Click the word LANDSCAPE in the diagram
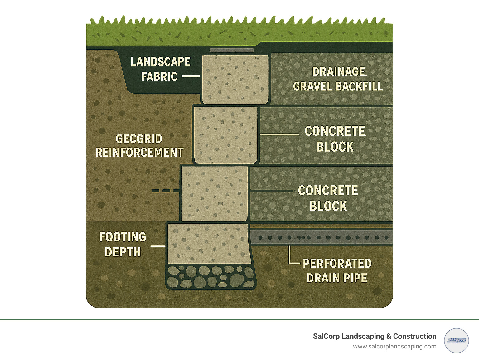pos(160,62)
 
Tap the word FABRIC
pos(159,77)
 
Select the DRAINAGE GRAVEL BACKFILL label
pos(338,79)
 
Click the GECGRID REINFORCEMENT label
pos(139,146)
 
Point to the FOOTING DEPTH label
pos(123,244)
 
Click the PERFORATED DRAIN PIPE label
pos(337,271)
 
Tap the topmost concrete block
pos(235,79)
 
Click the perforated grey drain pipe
pos(321,237)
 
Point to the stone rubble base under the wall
pos(210,277)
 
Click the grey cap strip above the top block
pos(231,50)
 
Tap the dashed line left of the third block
pos(166,191)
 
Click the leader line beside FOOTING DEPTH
pos(158,246)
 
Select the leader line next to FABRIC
pos(191,76)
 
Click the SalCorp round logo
pos(456,340)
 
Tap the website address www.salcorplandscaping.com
pos(394,346)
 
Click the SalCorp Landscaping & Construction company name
pos(375,336)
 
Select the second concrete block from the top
pos(226,135)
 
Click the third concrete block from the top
pos(215,193)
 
